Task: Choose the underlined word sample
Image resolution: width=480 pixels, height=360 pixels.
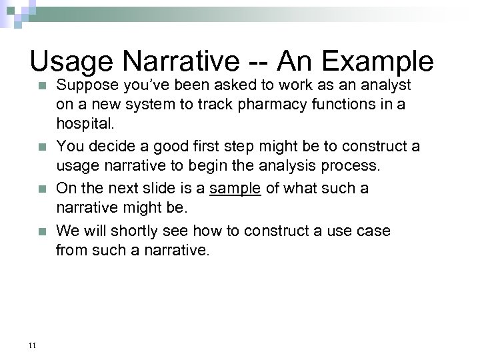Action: pyautogui.click(x=234, y=189)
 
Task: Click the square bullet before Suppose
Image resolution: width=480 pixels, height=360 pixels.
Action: pyautogui.click(x=42, y=87)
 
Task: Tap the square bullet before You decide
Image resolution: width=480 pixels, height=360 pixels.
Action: pyautogui.click(x=42, y=145)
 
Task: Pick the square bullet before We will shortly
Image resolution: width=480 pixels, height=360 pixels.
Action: pyautogui.click(x=42, y=232)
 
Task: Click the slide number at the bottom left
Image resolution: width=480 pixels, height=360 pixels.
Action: pyautogui.click(x=32, y=345)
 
